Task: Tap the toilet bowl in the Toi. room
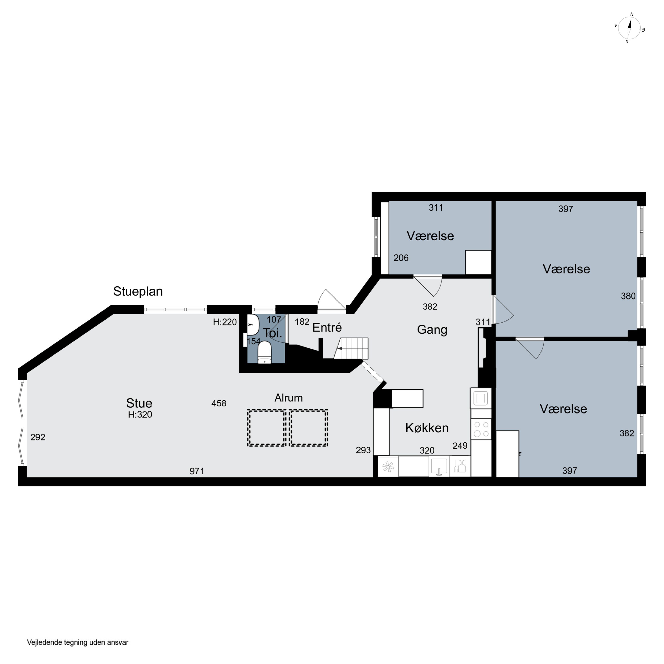coord(264,352)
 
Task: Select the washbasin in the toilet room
coord(253,324)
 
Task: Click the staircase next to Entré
coord(351,348)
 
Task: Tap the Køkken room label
coord(427,428)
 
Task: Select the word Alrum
coord(288,398)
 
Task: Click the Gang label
coord(432,330)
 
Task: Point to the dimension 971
coord(197,471)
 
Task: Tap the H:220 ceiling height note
coord(225,322)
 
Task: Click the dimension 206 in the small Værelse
coord(401,258)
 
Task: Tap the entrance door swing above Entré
coord(332,301)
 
